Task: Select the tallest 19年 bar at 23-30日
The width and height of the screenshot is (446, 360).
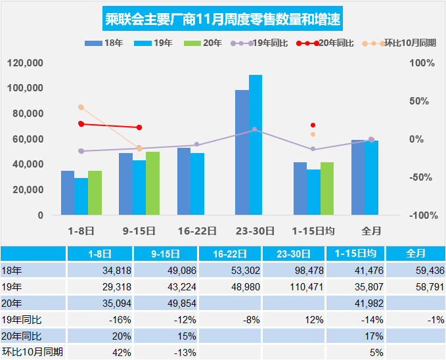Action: [x=256, y=145]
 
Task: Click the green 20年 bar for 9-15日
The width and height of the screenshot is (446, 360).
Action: [x=152, y=183]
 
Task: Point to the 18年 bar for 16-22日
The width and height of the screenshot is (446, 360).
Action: [x=184, y=181]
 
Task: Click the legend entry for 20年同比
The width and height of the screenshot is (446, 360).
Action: [x=324, y=43]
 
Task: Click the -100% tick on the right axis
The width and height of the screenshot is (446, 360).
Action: [x=421, y=215]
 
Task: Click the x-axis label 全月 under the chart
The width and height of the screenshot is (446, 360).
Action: [x=371, y=231]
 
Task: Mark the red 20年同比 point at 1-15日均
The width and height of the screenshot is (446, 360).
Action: [x=313, y=125]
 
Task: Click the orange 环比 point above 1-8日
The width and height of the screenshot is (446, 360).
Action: [x=81, y=107]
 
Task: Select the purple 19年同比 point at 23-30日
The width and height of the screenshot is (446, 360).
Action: [x=255, y=129]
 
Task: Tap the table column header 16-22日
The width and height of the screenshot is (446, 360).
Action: [x=231, y=254]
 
